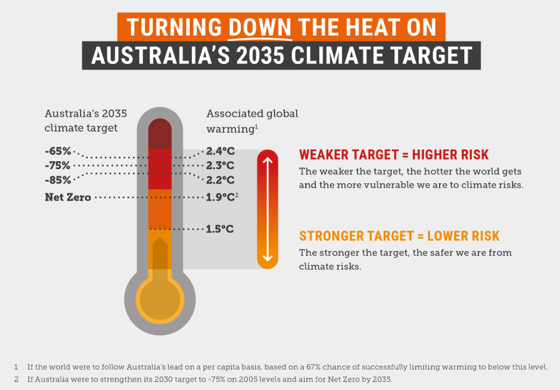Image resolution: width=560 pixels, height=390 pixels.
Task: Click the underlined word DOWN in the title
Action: coord(260,27)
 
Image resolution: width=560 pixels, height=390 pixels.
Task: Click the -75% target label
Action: coord(58,165)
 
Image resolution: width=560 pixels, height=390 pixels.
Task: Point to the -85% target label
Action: coord(58,179)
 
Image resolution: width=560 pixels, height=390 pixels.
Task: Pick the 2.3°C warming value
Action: coord(220,165)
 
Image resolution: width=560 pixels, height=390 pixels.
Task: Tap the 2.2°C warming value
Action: coord(220,179)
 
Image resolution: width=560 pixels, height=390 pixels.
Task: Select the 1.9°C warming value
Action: coord(220,197)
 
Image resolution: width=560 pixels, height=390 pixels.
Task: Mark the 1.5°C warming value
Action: coord(220,229)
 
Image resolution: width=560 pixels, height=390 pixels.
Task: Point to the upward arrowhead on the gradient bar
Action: coord(268,160)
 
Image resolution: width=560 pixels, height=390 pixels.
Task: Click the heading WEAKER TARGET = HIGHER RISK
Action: coord(394,155)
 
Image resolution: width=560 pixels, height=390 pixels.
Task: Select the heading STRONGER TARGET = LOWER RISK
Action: coord(399,236)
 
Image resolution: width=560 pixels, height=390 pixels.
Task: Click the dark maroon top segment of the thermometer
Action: coord(160,133)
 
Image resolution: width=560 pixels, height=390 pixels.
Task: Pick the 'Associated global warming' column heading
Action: coord(252,121)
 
